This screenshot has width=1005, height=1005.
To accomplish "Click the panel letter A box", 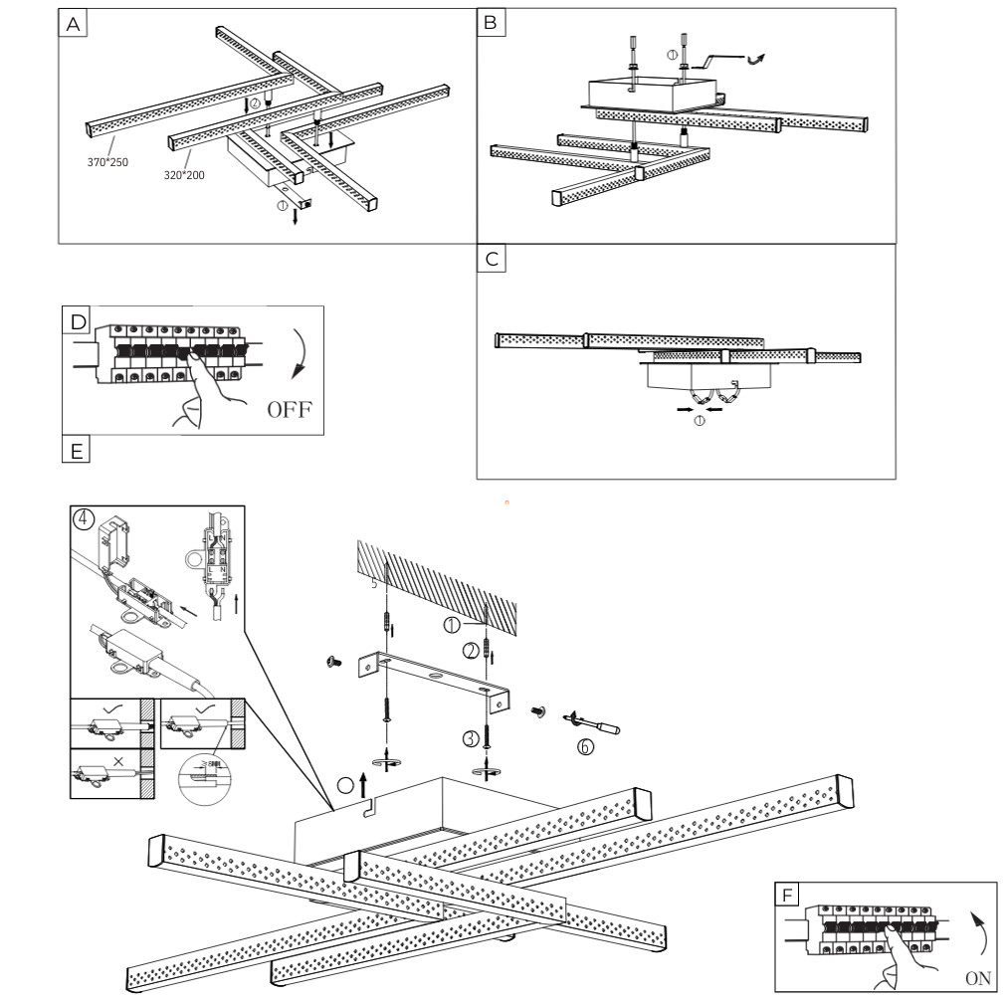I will (72, 25).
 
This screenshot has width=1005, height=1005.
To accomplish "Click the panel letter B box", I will (490, 23).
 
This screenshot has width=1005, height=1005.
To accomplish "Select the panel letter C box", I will (491, 260).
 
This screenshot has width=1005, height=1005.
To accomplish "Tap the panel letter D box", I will (77, 321).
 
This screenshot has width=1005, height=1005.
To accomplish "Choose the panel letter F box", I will (788, 895).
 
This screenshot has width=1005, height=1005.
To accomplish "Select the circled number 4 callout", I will (87, 519).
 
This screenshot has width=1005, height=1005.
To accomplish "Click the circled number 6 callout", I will (586, 747).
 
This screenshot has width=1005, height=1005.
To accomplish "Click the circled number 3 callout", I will (469, 738).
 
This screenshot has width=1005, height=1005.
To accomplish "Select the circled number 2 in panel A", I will (255, 103).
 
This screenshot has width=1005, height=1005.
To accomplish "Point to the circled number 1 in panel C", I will (699, 420).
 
